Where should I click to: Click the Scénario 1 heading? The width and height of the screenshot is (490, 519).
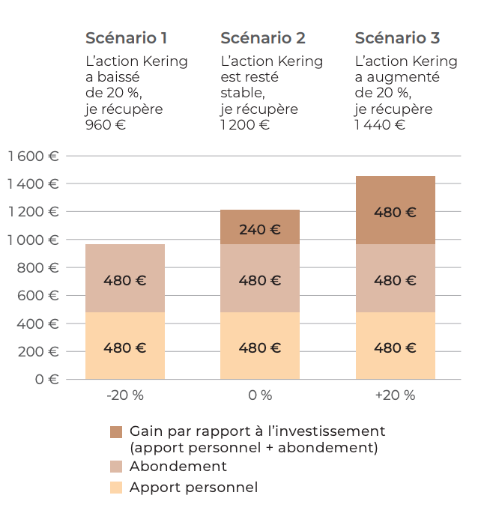[x=126, y=38]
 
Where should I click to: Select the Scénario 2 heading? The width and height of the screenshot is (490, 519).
[x=262, y=38]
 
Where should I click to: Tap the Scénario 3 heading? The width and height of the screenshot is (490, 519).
[x=397, y=38]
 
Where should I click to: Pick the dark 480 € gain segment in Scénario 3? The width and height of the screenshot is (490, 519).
[x=395, y=211]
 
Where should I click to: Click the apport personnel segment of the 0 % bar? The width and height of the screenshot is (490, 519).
[x=260, y=347]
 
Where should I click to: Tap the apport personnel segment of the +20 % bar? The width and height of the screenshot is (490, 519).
[x=395, y=347]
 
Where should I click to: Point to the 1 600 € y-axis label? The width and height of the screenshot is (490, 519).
[x=33, y=157]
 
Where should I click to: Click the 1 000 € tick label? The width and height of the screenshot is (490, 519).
[x=33, y=240]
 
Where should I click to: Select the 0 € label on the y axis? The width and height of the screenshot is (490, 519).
[x=43, y=379]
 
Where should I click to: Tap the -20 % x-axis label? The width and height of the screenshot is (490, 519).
[x=124, y=395]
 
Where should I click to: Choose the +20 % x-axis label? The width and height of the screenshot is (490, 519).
[x=395, y=395]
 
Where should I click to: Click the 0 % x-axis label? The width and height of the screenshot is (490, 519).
[x=260, y=395]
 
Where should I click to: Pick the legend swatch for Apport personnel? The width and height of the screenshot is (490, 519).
[x=116, y=488]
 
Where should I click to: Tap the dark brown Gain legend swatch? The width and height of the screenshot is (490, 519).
[x=116, y=432]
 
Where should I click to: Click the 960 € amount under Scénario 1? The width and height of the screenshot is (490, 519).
[x=106, y=125]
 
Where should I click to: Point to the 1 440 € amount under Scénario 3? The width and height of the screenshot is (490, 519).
[x=380, y=125]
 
